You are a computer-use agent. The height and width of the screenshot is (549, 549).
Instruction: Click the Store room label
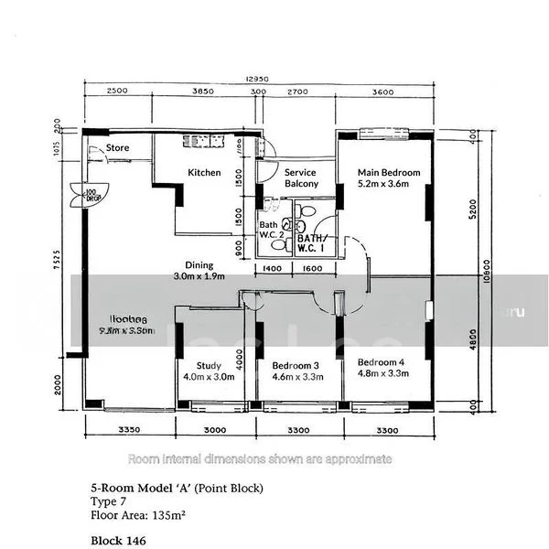[117, 147]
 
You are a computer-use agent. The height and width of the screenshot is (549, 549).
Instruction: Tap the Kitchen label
[204, 172]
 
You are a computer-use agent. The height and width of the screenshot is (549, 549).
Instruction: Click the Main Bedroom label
[388, 172]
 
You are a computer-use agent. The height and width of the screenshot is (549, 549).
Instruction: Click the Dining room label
[199, 264]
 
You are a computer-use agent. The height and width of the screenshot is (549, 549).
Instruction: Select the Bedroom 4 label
[381, 361]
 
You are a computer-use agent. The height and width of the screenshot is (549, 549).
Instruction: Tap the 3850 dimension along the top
[201, 91]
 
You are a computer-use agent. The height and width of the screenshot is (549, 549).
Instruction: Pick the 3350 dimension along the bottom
[128, 429]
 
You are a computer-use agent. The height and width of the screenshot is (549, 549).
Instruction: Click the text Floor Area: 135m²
[138, 515]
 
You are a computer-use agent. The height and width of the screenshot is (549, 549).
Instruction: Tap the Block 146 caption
[118, 541]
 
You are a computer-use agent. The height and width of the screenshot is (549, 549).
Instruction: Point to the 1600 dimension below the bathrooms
[312, 268]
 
